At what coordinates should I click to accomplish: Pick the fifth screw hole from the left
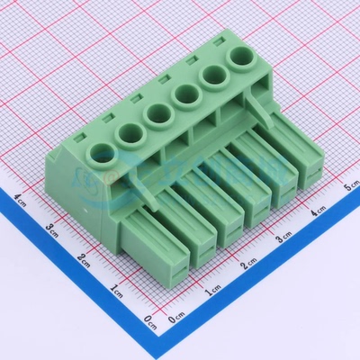(214, 78)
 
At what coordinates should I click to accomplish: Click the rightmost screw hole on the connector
(242, 61)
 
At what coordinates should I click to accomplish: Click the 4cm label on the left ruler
(22, 195)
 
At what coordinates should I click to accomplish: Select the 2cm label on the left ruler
(84, 260)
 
